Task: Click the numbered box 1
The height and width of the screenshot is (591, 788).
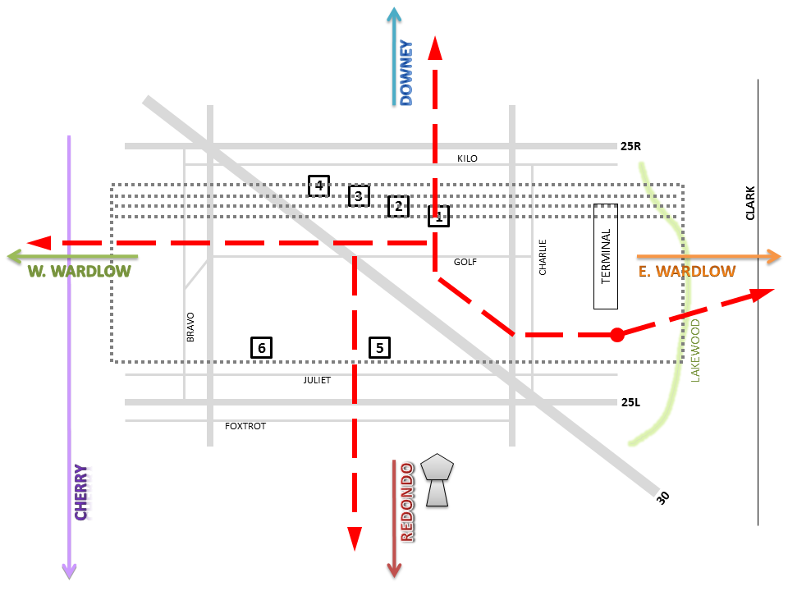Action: pos(438,216)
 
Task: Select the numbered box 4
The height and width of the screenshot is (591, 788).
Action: pos(318,186)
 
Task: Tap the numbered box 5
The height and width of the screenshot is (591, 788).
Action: pos(379,348)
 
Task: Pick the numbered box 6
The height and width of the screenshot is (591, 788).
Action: pos(261,348)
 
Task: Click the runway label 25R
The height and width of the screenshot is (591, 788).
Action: pos(630,146)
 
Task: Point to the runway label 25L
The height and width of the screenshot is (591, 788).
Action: pos(630,402)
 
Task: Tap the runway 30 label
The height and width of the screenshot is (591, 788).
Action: pos(663,497)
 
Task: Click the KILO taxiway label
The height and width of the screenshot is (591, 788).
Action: pos(467,158)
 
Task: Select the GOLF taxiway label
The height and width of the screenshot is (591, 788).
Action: pos(465,262)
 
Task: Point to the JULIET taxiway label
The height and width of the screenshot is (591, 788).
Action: pos(317,380)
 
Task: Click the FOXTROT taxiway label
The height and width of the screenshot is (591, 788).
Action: pos(245,426)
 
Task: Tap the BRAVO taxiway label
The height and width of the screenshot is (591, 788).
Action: pos(190,328)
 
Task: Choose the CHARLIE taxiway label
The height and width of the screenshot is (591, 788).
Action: pos(543,257)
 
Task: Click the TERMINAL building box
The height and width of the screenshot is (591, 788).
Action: pos(606,256)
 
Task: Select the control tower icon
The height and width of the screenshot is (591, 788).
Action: pos(437,480)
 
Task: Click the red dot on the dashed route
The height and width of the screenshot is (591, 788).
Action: pos(617,335)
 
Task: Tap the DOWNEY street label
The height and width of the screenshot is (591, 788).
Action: pos(406,73)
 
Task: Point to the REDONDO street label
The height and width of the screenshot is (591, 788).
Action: pos(408,502)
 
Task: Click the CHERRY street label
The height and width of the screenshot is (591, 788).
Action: pos(81,492)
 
